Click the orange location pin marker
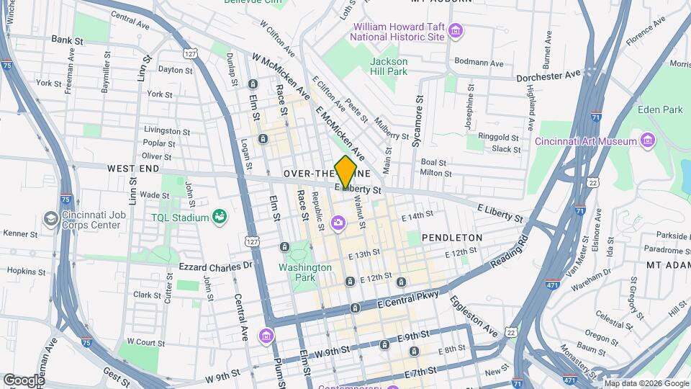(x=345, y=171)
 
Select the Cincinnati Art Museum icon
(x=647, y=140)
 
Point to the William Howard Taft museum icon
(x=455, y=31)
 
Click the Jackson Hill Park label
(x=389, y=66)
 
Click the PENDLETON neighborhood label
(x=451, y=237)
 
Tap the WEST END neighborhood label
(x=133, y=168)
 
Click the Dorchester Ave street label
(x=548, y=75)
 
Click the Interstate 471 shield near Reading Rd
(x=552, y=285)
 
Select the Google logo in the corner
(x=23, y=380)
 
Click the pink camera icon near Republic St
(x=338, y=223)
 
